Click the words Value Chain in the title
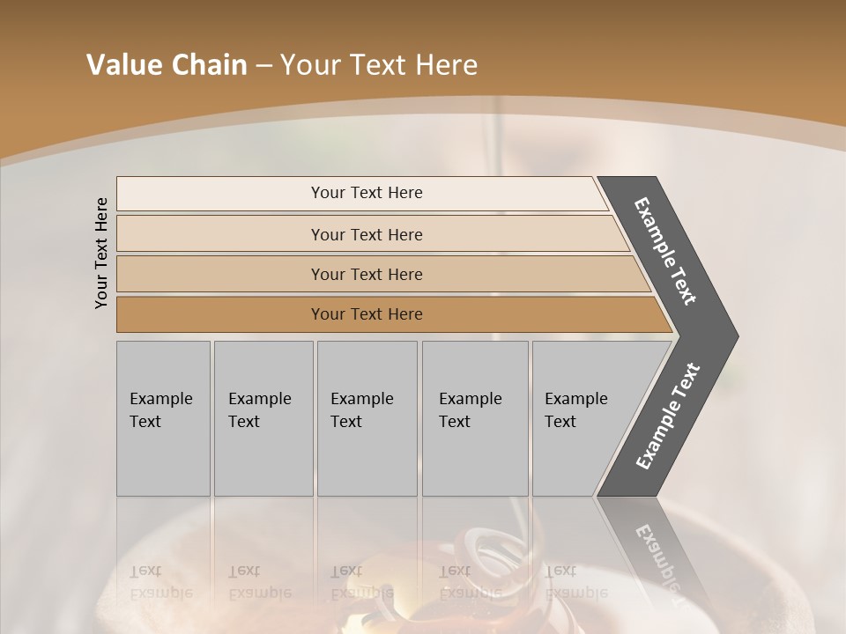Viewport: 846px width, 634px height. [x=167, y=65]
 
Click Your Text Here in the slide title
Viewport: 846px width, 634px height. [x=378, y=65]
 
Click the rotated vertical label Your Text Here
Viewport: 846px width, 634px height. [x=101, y=253]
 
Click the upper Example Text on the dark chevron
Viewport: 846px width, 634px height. [x=665, y=251]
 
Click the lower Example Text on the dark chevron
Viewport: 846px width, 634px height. [x=667, y=417]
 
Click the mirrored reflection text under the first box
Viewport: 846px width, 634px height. [x=160, y=581]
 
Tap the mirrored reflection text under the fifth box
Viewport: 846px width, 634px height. [x=575, y=581]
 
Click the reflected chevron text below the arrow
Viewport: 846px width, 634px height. [x=657, y=564]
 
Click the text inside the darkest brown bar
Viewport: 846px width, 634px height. [x=367, y=314]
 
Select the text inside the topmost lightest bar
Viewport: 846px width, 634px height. [x=367, y=193]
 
